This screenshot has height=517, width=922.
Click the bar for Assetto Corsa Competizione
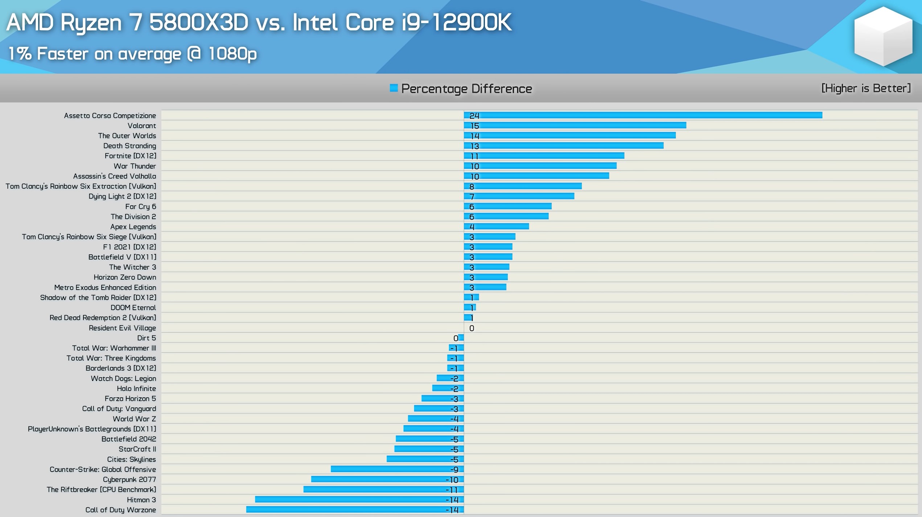pyautogui.click(x=643, y=115)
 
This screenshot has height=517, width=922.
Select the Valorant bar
pyautogui.click(x=575, y=126)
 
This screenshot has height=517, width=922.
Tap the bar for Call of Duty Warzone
pyautogui.click(x=355, y=510)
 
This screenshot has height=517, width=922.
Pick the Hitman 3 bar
pyautogui.click(x=359, y=500)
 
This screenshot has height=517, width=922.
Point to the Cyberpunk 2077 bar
pyautogui.click(x=387, y=479)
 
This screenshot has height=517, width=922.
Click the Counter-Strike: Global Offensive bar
pyautogui.click(x=397, y=469)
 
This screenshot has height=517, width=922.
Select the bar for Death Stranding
pyautogui.click(x=564, y=146)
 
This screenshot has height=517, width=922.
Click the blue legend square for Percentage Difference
pyautogui.click(x=394, y=88)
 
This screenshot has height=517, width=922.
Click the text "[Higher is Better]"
pyautogui.click(x=866, y=88)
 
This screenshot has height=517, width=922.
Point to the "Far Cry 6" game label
pyautogui.click(x=140, y=206)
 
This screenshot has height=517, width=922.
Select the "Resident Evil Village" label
pyautogui.click(x=122, y=328)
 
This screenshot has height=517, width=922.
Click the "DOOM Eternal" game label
pyautogui.click(x=133, y=308)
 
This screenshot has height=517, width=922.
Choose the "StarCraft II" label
pyautogui.click(x=137, y=449)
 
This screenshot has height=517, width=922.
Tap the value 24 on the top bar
pyautogui.click(x=474, y=116)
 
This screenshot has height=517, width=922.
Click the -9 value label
pyautogui.click(x=454, y=469)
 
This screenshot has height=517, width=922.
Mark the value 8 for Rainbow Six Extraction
pyautogui.click(x=472, y=186)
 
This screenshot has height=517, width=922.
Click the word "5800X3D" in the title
pyautogui.click(x=199, y=22)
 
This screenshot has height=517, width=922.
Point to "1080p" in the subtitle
pyautogui.click(x=232, y=54)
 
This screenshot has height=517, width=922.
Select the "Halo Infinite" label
pyautogui.click(x=136, y=389)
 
